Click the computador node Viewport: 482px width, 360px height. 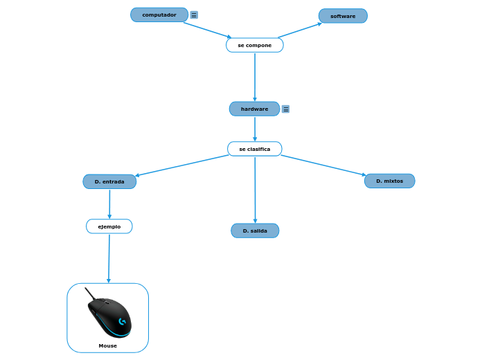click(159, 15)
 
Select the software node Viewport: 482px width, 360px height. click(343, 16)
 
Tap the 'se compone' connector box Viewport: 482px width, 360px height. click(255, 45)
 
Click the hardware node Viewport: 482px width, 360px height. click(254, 109)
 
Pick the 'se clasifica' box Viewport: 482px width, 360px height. click(255, 149)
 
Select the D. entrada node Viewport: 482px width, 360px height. click(109, 181)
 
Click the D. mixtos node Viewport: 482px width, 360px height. click(389, 181)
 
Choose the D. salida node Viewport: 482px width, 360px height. click(255, 231)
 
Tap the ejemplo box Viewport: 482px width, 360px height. click(109, 226)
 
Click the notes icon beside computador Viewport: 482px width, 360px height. click(194, 15)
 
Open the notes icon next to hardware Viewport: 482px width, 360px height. click(285, 109)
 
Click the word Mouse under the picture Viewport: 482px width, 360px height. click(107, 345)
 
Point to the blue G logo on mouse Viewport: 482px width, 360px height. click(122, 321)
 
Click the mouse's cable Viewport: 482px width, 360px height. click(89, 293)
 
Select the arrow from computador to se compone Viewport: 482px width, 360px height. click(207, 30)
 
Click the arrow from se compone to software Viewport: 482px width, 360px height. click(300, 30)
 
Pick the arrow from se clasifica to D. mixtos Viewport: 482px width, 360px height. click(323, 165)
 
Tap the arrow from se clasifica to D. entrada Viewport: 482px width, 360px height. click(182, 165)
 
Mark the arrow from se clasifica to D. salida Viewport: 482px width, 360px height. click(255, 190)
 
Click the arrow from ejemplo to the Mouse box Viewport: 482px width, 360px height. click(109, 258)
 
